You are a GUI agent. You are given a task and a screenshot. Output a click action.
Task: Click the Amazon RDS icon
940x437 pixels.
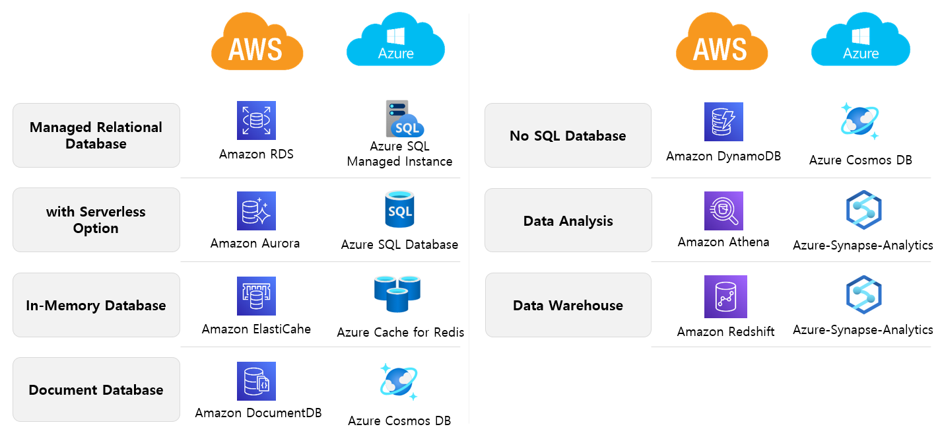tap(256, 121)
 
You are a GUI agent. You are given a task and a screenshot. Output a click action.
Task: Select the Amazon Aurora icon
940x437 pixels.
tap(256, 211)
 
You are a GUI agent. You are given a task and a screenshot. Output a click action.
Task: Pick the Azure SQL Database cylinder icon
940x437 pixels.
tap(399, 209)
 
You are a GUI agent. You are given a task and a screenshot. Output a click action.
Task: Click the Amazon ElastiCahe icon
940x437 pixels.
tap(256, 296)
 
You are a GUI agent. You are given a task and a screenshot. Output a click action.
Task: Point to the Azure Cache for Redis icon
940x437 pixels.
tap(397, 294)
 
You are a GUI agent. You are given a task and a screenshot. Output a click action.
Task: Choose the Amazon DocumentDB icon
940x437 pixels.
tap(256, 381)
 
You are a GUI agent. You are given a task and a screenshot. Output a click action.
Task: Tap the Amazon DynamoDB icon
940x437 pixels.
tap(723, 121)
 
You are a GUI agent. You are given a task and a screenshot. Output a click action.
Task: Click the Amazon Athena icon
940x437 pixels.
tap(723, 211)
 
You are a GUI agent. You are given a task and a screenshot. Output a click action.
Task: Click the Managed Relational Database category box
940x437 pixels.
tap(96, 135)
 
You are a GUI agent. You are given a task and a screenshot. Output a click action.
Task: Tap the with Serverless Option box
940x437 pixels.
tap(96, 220)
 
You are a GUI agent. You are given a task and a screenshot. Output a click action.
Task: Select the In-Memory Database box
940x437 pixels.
tap(96, 306)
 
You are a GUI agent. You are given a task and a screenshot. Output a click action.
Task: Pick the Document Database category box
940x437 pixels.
tap(96, 390)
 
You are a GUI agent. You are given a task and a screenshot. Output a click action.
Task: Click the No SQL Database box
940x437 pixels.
tap(568, 136)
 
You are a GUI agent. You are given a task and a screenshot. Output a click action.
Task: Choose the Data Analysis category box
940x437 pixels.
tap(568, 221)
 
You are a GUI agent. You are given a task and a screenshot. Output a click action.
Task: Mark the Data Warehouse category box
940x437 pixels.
tap(568, 306)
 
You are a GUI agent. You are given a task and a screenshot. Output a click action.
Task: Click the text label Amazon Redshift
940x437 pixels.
tap(725, 332)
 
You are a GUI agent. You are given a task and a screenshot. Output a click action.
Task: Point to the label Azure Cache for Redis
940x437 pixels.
tap(401, 333)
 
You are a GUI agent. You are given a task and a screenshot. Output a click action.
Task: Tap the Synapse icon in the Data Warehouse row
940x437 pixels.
tap(864, 294)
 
